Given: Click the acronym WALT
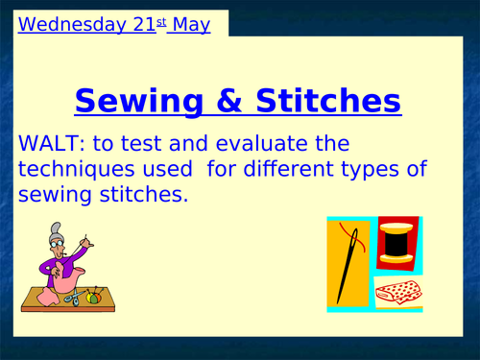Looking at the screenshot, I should [x=49, y=145].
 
